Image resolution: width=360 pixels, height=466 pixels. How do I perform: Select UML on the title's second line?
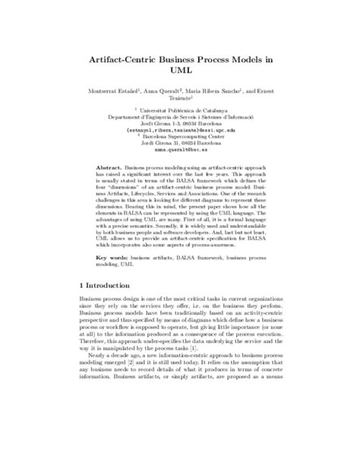(x=179, y=71)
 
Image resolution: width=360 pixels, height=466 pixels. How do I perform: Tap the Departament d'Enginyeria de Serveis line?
(x=180, y=117)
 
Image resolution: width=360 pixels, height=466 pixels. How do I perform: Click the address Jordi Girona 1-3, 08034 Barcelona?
(x=180, y=123)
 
